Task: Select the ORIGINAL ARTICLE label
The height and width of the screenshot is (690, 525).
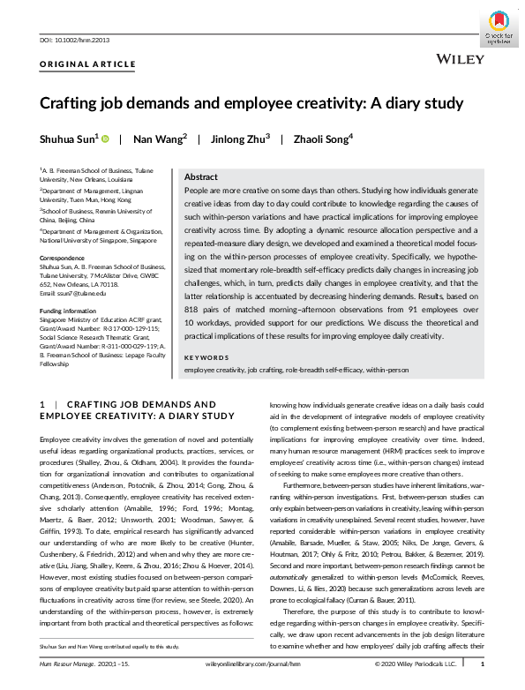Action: [87, 64]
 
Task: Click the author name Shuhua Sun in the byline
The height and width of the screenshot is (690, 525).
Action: [67, 139]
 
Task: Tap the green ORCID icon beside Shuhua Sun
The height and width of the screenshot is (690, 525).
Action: [105, 139]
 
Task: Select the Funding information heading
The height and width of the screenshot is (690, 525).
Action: [69, 311]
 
